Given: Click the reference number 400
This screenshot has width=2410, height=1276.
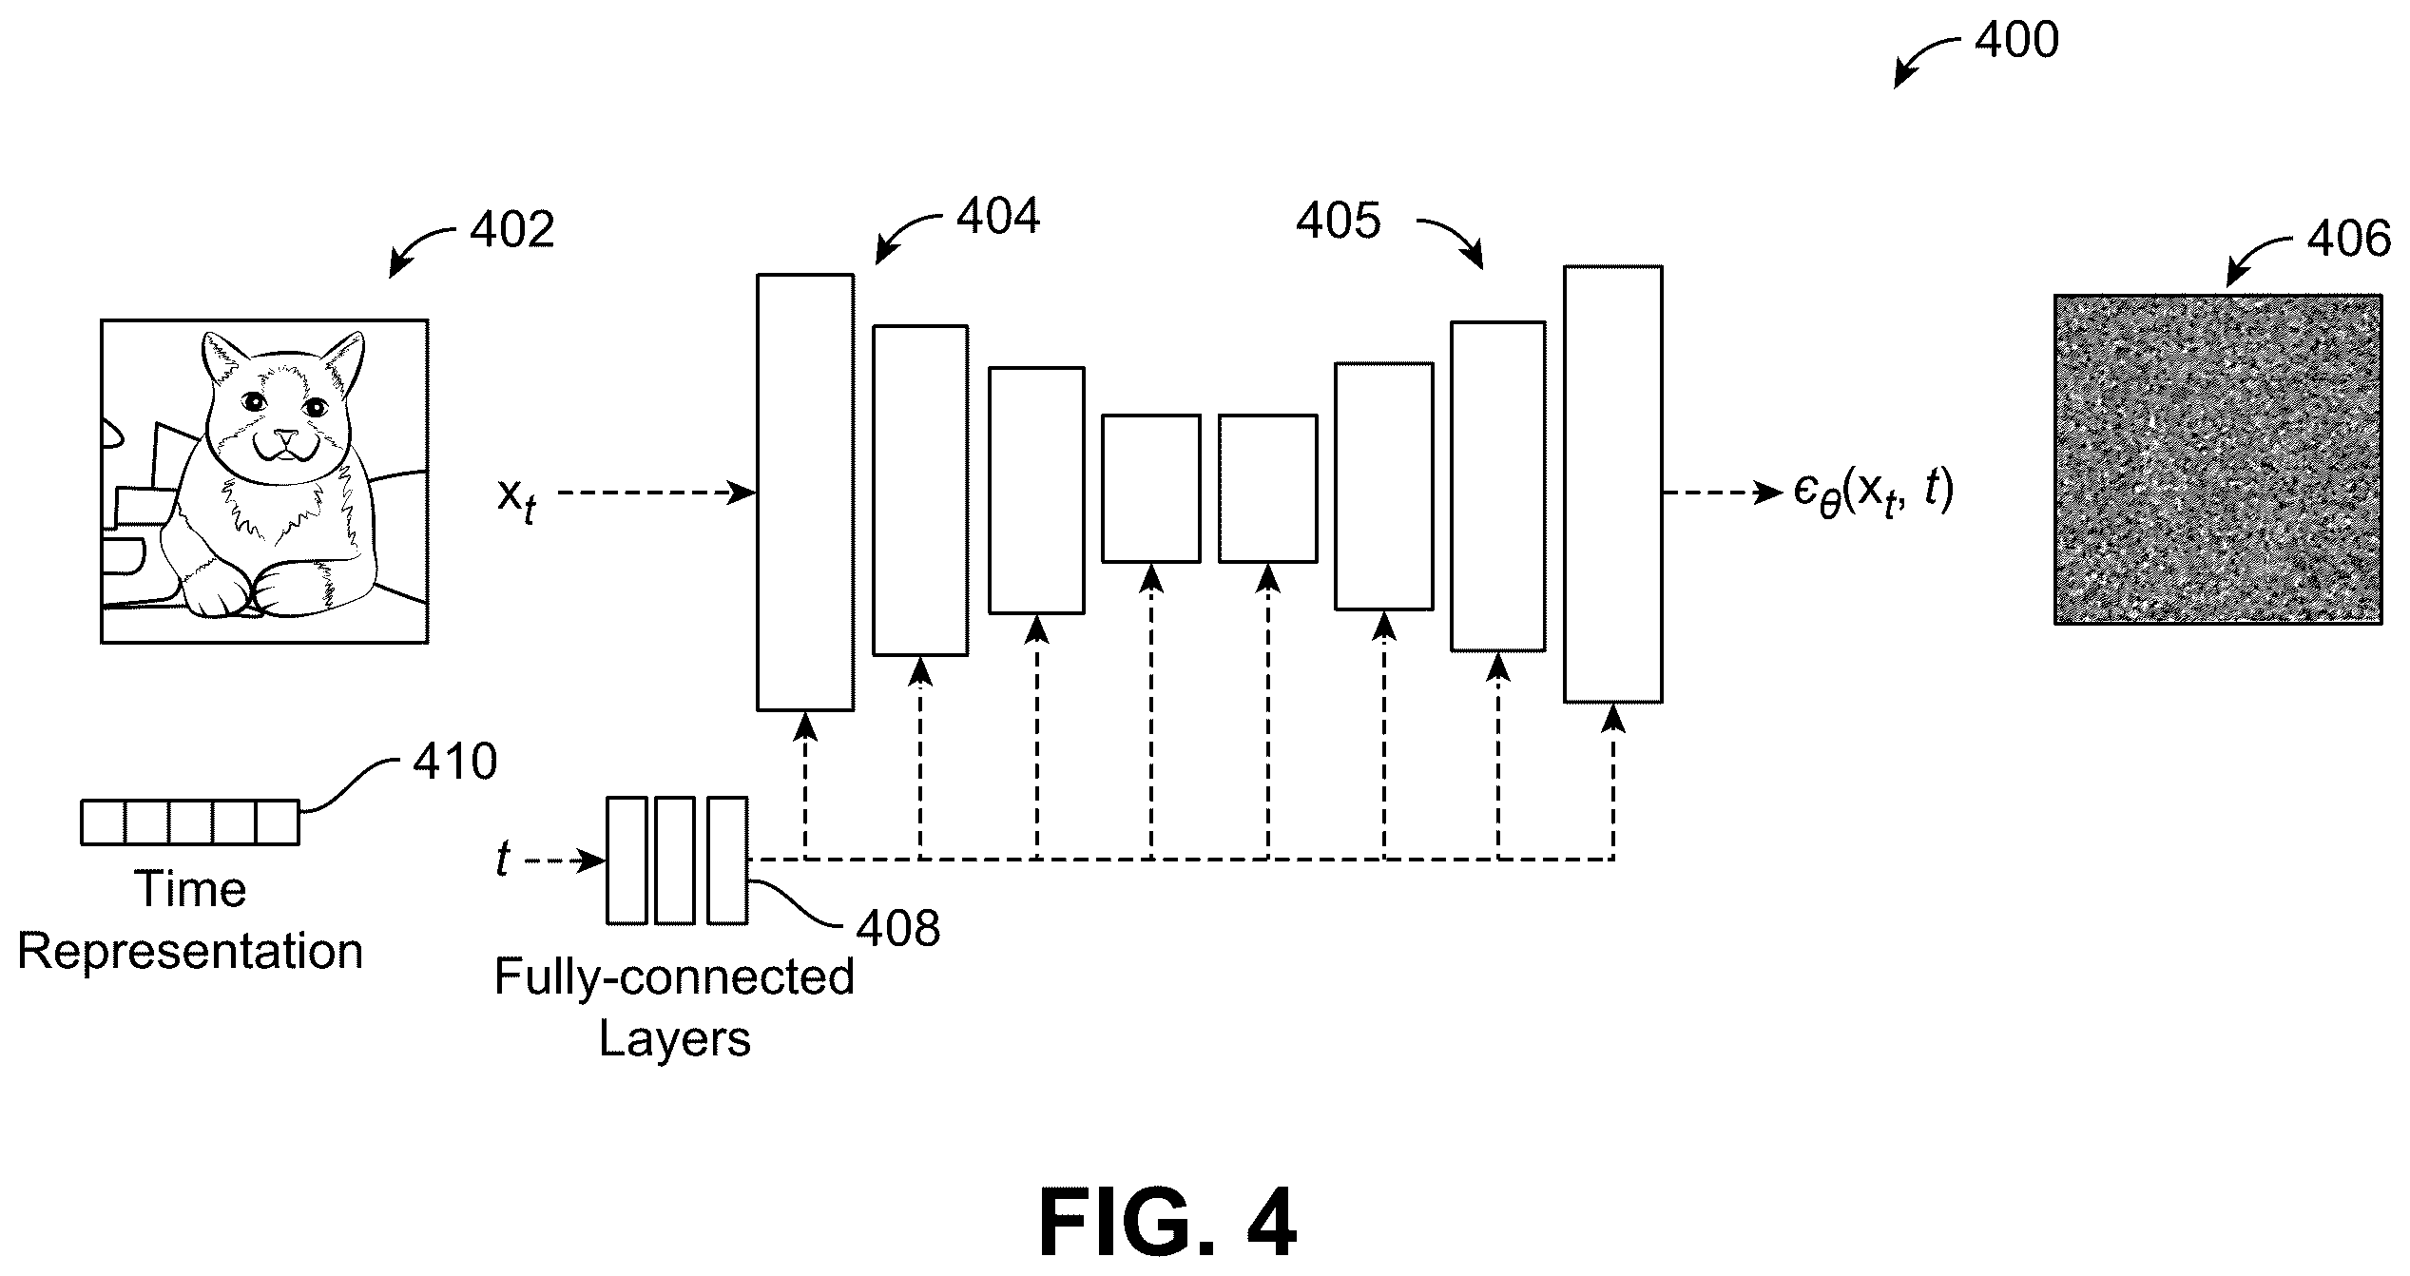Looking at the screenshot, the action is click(2016, 40).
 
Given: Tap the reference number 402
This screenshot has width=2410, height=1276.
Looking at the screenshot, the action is click(512, 230).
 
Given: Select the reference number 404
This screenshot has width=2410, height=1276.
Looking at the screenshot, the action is click(998, 216).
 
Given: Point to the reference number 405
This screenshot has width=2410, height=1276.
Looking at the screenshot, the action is click(1339, 221).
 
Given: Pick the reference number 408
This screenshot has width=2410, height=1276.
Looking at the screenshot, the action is click(898, 927).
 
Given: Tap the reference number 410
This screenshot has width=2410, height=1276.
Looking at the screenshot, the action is click(455, 762).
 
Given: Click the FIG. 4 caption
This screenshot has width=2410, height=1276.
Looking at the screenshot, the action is click(1168, 1224).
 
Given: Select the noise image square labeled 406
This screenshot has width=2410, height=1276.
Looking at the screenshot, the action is click(2218, 459).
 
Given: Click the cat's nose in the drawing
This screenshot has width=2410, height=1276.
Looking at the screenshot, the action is click(283, 438).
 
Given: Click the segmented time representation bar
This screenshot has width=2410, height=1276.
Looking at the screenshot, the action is click(190, 822).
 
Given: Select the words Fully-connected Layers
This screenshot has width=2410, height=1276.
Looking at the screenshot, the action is click(675, 1008).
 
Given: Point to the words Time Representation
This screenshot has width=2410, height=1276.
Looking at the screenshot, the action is click(191, 920).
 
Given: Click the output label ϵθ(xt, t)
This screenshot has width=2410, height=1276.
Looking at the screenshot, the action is click(1873, 494).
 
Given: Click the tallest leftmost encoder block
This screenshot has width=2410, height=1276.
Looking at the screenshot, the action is click(805, 493).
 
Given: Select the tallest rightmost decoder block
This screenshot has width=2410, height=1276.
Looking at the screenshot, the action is click(1613, 484).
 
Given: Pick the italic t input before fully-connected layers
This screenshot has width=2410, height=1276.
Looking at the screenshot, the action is click(503, 860).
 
